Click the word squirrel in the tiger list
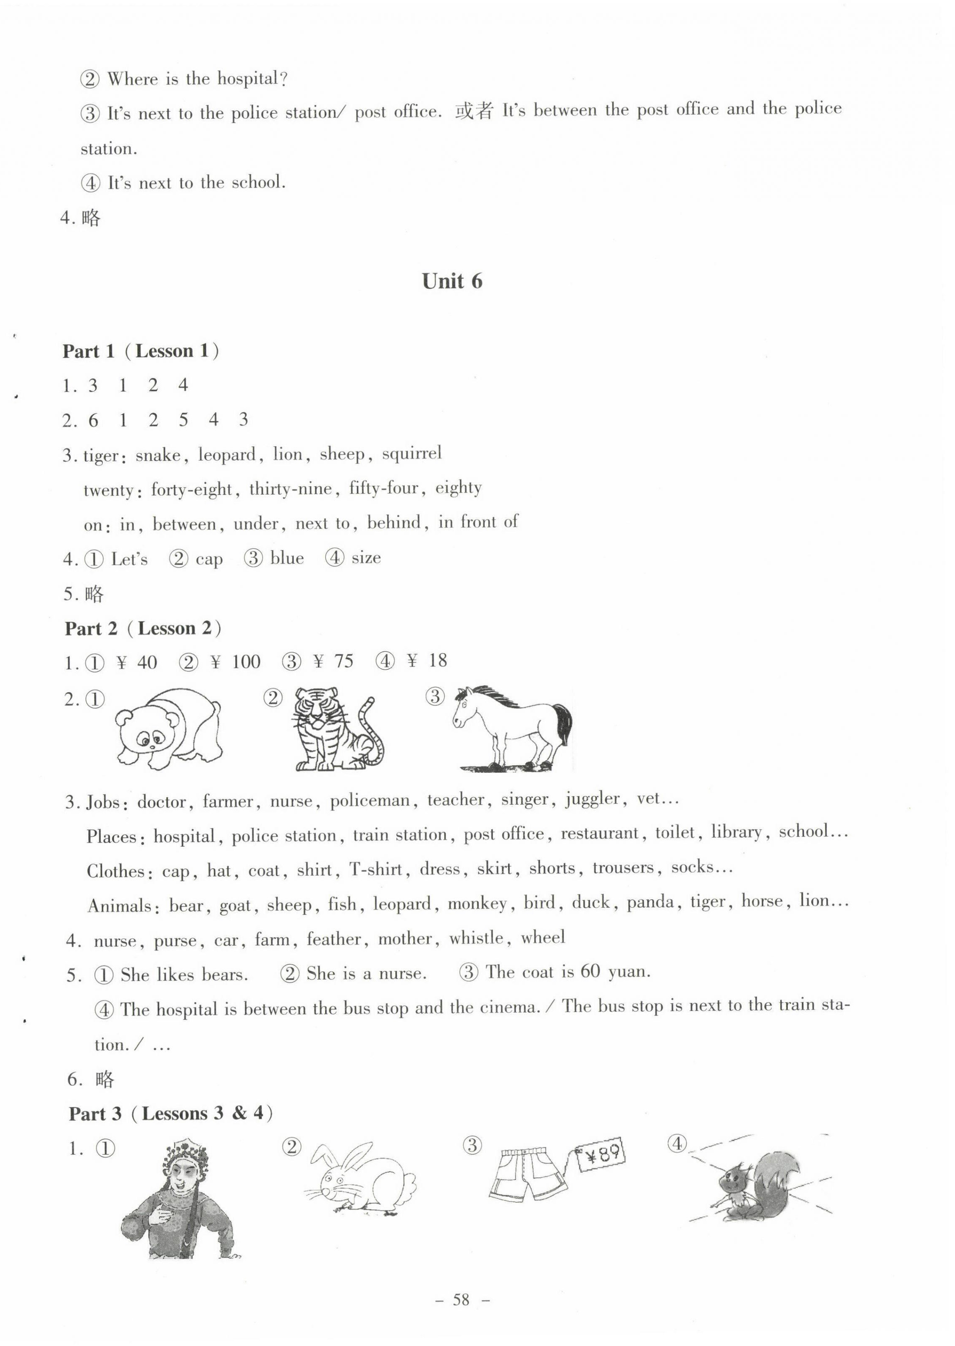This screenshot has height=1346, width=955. click(x=412, y=453)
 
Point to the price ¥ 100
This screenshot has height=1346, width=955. click(x=235, y=662)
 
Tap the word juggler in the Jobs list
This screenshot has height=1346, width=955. click(x=592, y=799)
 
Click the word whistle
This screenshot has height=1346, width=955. click(x=476, y=938)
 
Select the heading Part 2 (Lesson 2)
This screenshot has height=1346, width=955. click(x=143, y=628)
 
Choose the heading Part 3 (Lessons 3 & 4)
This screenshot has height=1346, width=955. click(x=171, y=1113)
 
